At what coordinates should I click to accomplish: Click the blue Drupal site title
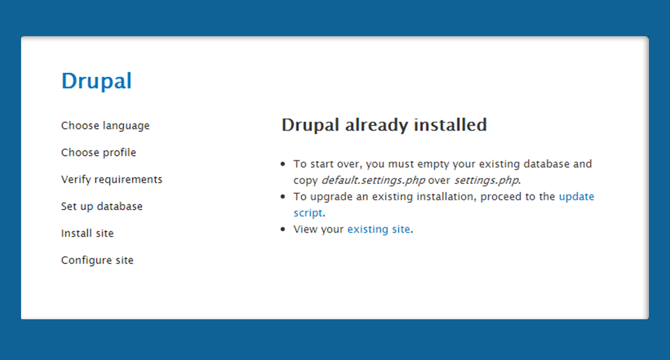coord(97,81)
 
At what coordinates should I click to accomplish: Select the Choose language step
coord(105,125)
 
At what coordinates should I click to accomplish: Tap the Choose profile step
coord(99,152)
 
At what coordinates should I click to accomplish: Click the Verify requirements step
coord(112,179)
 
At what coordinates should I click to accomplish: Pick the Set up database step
coord(102,206)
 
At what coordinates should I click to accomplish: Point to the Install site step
coord(87,233)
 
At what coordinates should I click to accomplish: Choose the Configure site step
coord(97,260)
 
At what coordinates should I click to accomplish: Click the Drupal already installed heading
coord(384,125)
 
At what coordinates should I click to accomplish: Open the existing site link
coord(378,229)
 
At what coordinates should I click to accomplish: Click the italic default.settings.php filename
coord(373,181)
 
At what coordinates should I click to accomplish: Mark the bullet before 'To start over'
coord(283,164)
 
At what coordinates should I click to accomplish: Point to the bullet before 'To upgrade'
coord(283,196)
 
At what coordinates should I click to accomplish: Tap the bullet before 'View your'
coord(283,229)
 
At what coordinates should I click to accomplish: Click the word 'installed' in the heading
coord(451,125)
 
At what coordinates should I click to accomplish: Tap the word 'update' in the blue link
coord(577,196)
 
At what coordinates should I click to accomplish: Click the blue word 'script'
coord(307,213)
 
